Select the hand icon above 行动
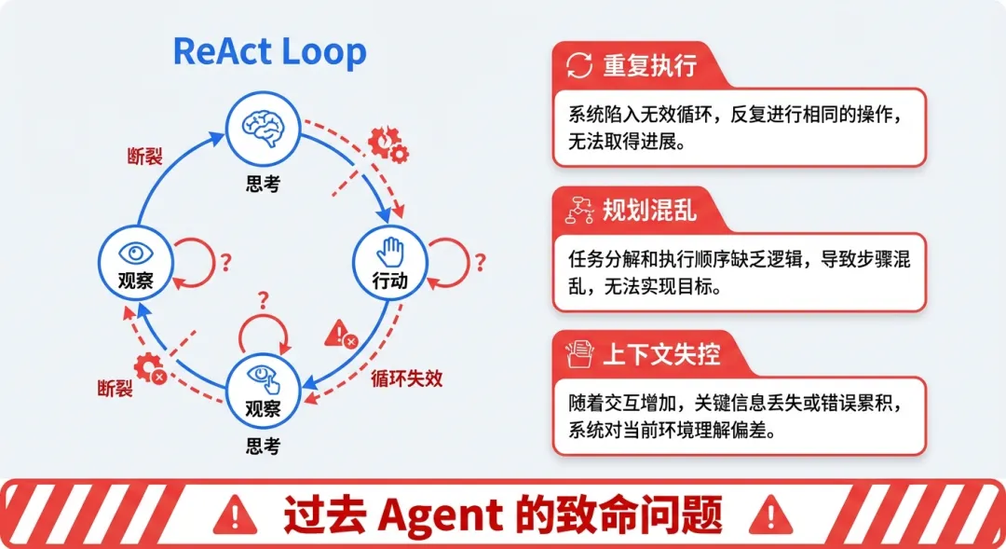(390, 250)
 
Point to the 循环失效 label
(406, 378)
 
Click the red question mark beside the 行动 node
(480, 262)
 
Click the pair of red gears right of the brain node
(387, 144)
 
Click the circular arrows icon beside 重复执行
(579, 65)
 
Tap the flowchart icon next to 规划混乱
(579, 211)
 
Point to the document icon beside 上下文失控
(579, 354)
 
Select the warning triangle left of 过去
(236, 514)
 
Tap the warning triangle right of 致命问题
(769, 514)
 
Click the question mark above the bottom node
(264, 299)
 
